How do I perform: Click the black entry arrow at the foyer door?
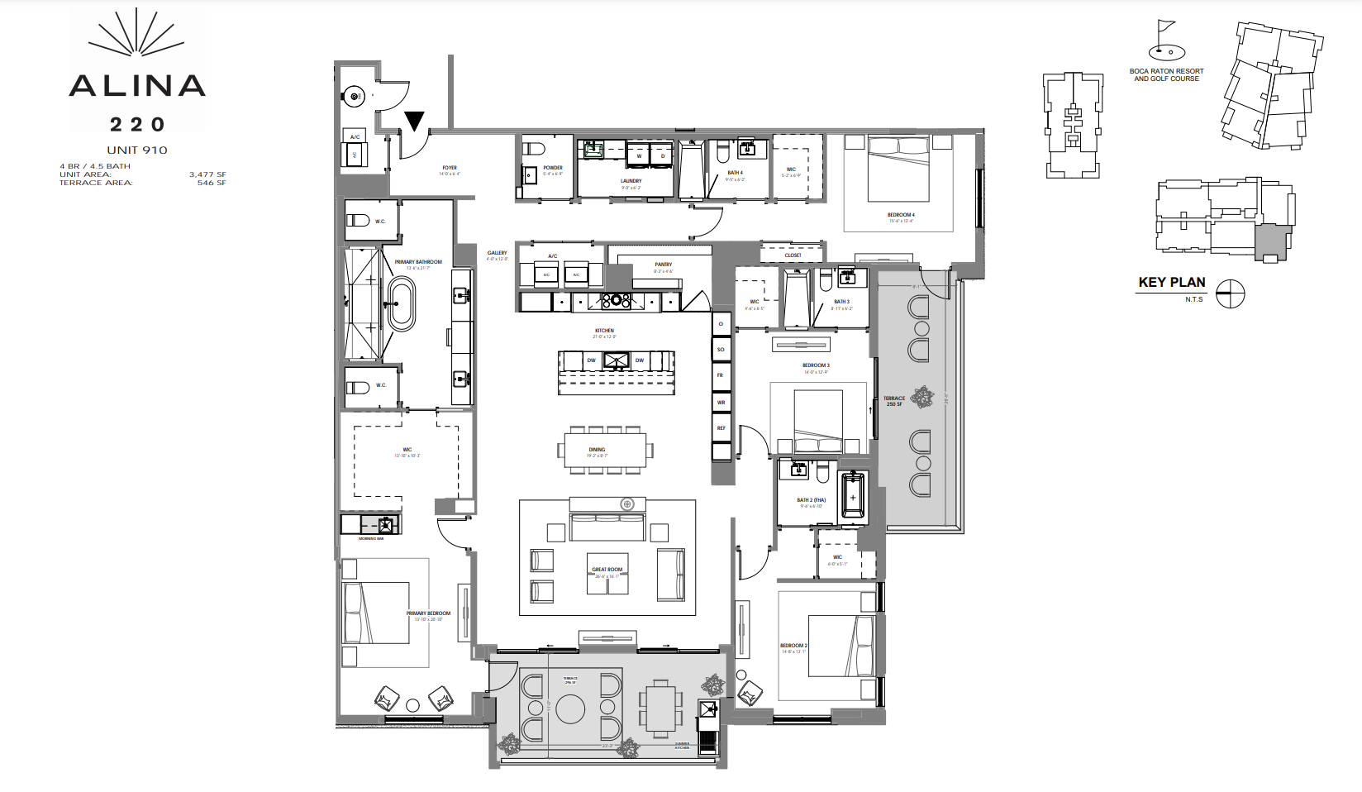click(414, 122)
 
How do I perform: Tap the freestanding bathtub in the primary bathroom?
click(401, 303)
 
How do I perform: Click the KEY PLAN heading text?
click(1171, 282)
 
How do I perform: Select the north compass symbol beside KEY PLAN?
click(1230, 293)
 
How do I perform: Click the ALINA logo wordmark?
click(137, 85)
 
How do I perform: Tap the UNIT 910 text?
click(137, 150)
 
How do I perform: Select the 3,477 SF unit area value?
click(207, 174)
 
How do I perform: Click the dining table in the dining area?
click(607, 451)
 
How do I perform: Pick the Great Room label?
click(607, 570)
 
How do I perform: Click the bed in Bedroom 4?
click(898, 169)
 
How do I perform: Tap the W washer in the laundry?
click(639, 155)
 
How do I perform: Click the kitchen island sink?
click(616, 360)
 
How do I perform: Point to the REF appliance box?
click(721, 428)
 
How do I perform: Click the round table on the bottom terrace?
click(570, 709)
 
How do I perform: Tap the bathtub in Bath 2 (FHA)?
click(853, 496)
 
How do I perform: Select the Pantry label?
click(663, 265)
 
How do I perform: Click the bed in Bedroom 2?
click(841, 646)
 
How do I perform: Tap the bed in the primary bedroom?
click(377, 613)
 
